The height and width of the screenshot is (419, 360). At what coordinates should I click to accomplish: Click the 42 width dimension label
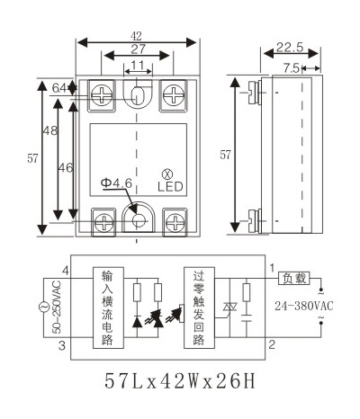pos(136,36)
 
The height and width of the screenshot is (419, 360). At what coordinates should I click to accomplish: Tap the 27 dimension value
pos(138,49)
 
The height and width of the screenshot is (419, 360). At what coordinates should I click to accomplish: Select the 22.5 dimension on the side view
pos(290,48)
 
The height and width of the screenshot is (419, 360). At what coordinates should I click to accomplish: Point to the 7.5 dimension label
pos(291,68)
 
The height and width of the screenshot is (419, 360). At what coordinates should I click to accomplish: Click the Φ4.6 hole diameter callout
pos(117,183)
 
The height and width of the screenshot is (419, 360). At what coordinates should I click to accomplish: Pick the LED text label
pos(170,186)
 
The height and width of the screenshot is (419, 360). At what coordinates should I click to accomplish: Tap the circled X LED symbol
pos(167,174)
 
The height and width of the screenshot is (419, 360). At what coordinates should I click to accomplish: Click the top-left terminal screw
pos(103,95)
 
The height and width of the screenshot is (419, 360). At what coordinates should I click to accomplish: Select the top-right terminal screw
pos(174,95)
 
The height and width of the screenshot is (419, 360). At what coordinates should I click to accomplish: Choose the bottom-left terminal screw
pos(103,222)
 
